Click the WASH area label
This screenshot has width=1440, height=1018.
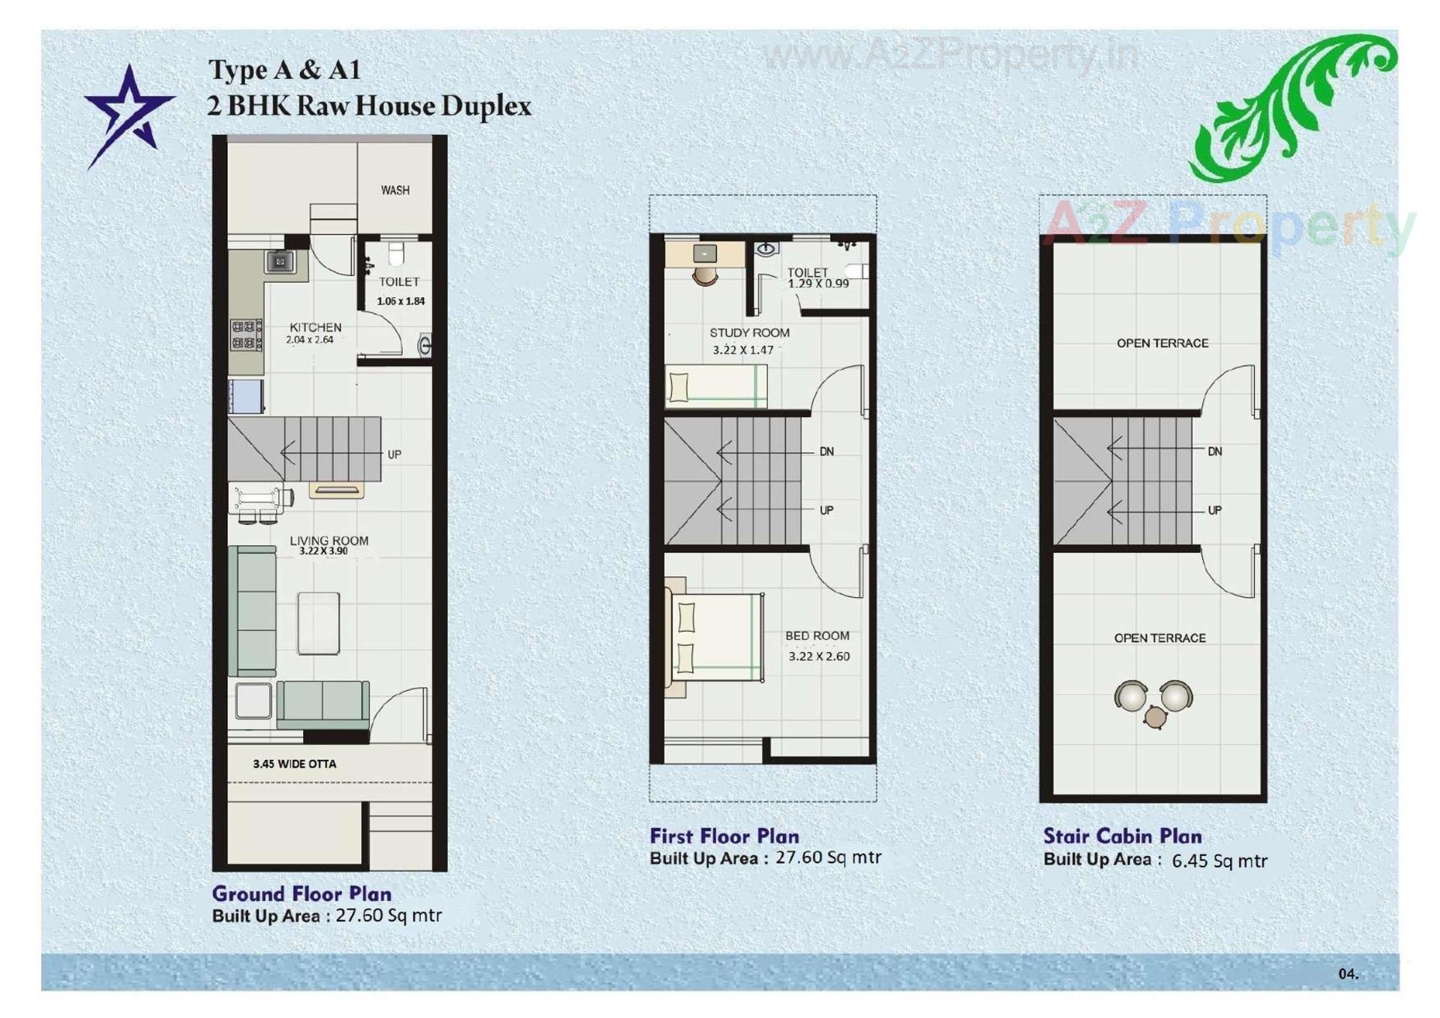click(394, 191)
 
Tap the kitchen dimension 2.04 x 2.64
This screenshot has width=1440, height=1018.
click(309, 340)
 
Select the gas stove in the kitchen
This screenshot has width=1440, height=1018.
click(246, 335)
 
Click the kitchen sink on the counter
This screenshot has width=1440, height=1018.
click(280, 262)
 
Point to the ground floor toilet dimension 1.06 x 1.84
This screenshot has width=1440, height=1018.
click(400, 301)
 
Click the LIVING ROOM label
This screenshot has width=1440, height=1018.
click(328, 540)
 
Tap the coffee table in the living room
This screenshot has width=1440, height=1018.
click(319, 623)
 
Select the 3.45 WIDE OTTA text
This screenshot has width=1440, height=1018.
click(294, 764)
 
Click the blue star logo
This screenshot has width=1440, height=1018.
click(128, 113)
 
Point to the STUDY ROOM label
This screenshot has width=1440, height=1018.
click(749, 332)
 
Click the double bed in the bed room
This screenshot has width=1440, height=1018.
click(716, 638)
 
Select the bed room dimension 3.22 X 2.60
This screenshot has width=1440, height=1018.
click(819, 656)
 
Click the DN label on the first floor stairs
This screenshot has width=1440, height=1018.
click(826, 452)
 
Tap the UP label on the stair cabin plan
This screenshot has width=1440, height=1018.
click(1214, 510)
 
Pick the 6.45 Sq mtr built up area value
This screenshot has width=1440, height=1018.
click(1219, 860)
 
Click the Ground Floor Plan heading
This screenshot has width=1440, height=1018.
click(301, 893)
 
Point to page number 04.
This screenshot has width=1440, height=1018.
click(1348, 974)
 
